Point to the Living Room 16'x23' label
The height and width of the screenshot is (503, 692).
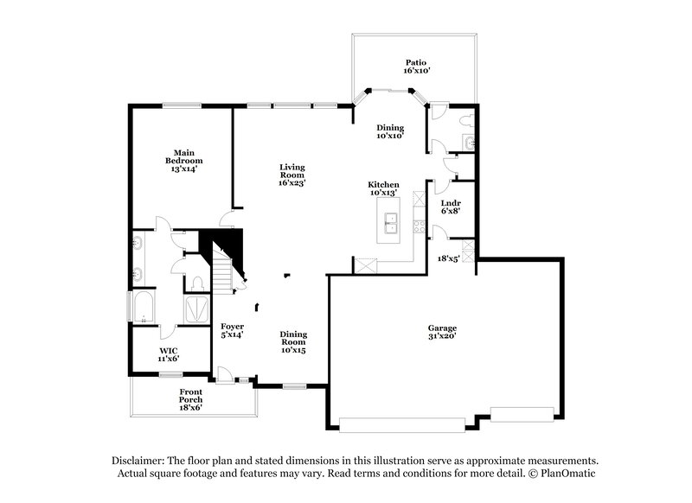tap(292, 175)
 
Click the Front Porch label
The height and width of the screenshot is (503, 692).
tap(190, 399)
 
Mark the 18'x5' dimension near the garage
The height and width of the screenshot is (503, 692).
tap(448, 258)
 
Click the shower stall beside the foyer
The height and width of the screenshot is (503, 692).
tap(196, 310)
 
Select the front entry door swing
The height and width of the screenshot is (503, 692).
tap(224, 374)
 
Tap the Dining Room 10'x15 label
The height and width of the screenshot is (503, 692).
tap(293, 342)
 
